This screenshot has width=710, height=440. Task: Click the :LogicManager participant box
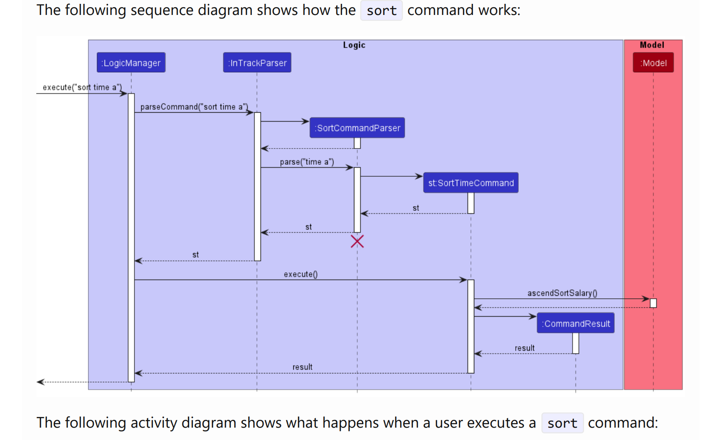click(131, 62)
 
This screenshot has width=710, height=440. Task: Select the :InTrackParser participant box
click(257, 62)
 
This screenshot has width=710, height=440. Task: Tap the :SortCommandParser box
click(357, 128)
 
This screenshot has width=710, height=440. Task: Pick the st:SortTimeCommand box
click(470, 183)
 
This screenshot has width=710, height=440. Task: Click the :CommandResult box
click(576, 323)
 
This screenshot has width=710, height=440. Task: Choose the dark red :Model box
click(653, 62)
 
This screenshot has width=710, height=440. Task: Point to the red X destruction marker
click(357, 242)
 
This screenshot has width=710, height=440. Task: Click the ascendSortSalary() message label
click(562, 293)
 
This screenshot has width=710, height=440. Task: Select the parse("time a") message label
click(307, 162)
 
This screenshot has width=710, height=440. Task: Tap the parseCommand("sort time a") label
click(194, 107)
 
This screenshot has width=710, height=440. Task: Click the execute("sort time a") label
click(82, 87)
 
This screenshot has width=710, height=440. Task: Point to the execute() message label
click(301, 274)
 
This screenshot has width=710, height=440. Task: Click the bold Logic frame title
click(354, 45)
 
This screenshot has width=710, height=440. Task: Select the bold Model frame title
click(652, 45)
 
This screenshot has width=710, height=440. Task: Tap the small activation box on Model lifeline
click(653, 303)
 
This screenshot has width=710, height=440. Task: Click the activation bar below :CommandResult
click(576, 344)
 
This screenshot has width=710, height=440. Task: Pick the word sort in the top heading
click(381, 10)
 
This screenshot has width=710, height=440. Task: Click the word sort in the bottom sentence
click(562, 423)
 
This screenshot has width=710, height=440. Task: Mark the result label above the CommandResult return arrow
click(524, 348)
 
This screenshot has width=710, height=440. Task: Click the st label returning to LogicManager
click(196, 255)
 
